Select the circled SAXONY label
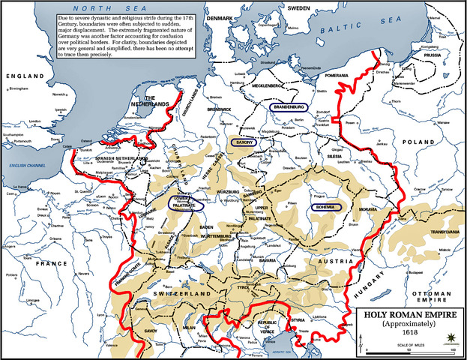pyautogui.click(x=244, y=141)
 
